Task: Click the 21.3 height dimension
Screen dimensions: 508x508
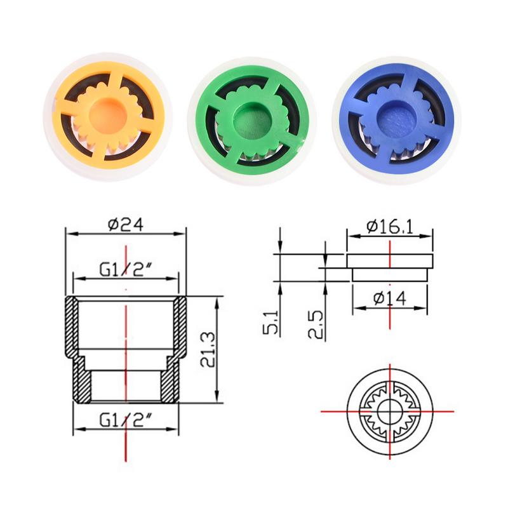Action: (206, 351)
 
